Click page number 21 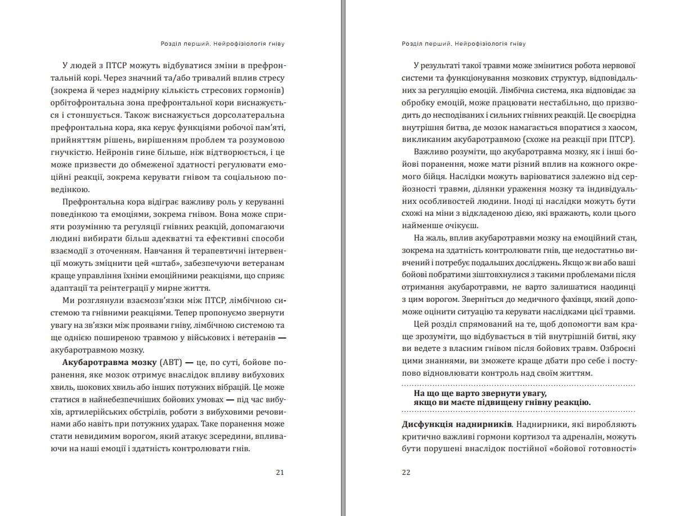point(280,472)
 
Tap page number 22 point(406,472)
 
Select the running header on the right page point(465,43)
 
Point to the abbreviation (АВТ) point(171,362)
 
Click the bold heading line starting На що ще point(480,392)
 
